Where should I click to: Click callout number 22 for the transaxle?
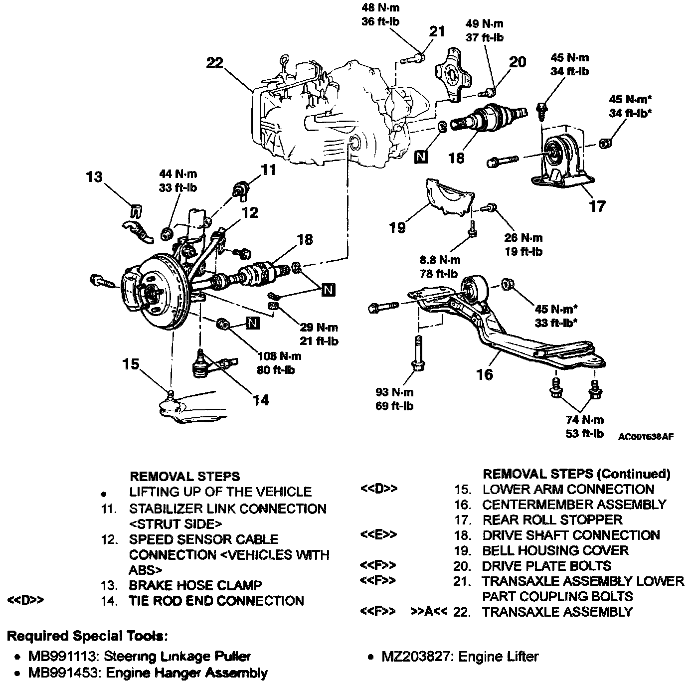pos(215,63)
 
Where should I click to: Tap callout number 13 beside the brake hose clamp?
pos(94,177)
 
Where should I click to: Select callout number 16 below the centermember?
pos(485,374)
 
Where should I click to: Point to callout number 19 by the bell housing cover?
pos(397,228)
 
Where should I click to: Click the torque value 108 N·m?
pos(279,356)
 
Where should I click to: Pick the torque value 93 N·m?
pos(394,392)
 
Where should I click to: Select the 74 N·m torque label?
pos(584,420)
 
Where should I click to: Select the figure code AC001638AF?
pos(646,436)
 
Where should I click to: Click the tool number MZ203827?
pos(417,657)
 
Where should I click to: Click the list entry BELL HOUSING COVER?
pos(555,550)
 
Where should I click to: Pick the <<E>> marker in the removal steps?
pos(378,535)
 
